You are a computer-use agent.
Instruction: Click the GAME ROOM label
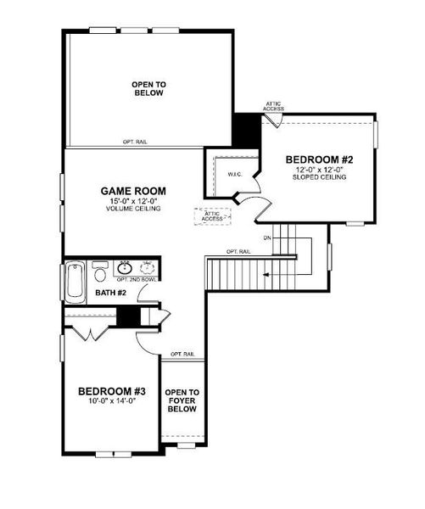pos(132,191)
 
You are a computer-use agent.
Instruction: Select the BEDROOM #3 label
pos(113,391)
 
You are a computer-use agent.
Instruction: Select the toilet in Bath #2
pos(100,272)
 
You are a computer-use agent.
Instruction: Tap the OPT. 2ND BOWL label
pos(136,279)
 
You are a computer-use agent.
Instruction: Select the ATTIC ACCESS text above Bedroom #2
pos(273,107)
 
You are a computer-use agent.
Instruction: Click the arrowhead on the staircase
pos(266,275)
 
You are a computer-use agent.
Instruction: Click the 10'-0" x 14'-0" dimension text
pos(113,401)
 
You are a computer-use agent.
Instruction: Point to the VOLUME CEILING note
pos(132,209)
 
